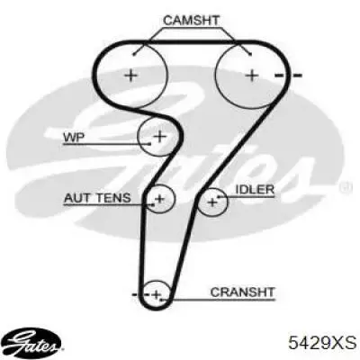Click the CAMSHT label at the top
click(x=191, y=21)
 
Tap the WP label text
click(x=74, y=138)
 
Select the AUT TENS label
click(x=97, y=198)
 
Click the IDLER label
click(x=255, y=190)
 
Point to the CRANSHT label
click(x=242, y=292)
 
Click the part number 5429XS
click(x=322, y=342)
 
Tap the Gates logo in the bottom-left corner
click(x=33, y=342)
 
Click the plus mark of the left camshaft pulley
click(x=131, y=75)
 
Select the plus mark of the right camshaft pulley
click(x=252, y=75)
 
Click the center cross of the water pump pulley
click(x=160, y=137)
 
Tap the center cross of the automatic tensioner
click(x=159, y=198)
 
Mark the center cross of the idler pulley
click(x=212, y=202)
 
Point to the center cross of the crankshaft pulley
click(x=157, y=294)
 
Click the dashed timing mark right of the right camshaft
click(x=288, y=76)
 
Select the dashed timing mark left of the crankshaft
click(x=141, y=294)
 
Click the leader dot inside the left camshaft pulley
click(x=134, y=55)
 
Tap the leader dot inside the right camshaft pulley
click(x=250, y=54)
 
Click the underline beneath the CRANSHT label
click(x=218, y=300)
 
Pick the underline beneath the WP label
click(x=107, y=144)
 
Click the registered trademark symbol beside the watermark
click(x=343, y=188)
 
